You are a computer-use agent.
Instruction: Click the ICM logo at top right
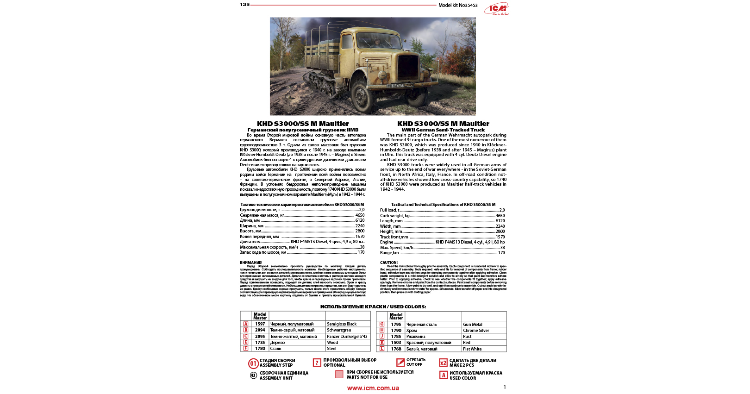pos(497,8)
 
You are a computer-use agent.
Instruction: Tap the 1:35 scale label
pos(244,5)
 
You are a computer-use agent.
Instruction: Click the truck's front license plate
pos(395,86)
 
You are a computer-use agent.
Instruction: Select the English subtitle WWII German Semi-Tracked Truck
pos(443,130)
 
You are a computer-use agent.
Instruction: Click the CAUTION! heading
pos(389,263)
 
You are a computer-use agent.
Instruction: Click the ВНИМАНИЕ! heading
pos(251,263)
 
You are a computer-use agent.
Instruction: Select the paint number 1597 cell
pos(260,324)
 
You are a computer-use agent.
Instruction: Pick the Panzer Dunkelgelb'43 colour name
pos(347,337)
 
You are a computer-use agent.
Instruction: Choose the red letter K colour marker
pos(382,343)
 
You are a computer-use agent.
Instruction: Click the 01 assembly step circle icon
pos(253,363)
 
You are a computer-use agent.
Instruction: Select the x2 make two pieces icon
pos(443,363)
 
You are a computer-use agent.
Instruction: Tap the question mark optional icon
pos(317,363)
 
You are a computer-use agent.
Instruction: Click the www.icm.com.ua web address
pos(373,388)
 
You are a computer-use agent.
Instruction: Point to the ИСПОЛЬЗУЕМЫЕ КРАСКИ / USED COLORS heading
pos(373,306)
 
